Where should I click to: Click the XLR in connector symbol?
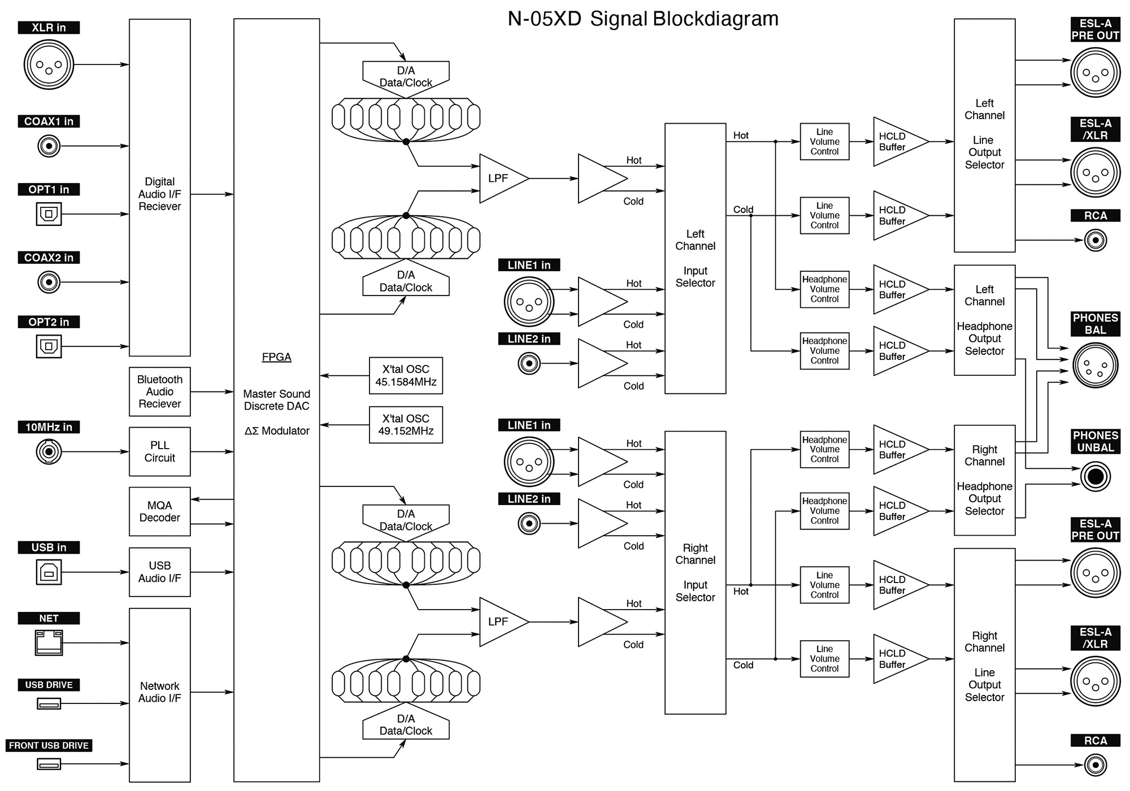click(49, 64)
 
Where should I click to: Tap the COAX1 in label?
click(49, 121)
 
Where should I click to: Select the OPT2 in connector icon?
click(49, 346)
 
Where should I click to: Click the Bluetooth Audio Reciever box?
click(160, 392)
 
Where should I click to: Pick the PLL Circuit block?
click(160, 451)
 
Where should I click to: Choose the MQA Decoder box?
click(160, 511)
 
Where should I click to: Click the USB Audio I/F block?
click(160, 572)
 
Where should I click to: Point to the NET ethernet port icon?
click(49, 642)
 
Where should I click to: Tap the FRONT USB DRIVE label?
click(49, 745)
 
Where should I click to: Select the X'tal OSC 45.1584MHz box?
click(406, 376)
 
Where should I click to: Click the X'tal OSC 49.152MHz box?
click(406, 425)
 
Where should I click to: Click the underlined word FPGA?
click(276, 357)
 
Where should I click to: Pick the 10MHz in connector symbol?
click(49, 451)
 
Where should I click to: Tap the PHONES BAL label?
click(1095, 324)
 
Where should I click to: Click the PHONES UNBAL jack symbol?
click(1095, 476)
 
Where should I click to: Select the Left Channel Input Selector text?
click(695, 258)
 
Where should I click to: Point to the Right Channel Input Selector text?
click(695, 572)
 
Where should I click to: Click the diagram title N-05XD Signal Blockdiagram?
click(643, 19)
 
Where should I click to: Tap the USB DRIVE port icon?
click(49, 703)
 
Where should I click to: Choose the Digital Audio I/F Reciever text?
click(160, 194)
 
